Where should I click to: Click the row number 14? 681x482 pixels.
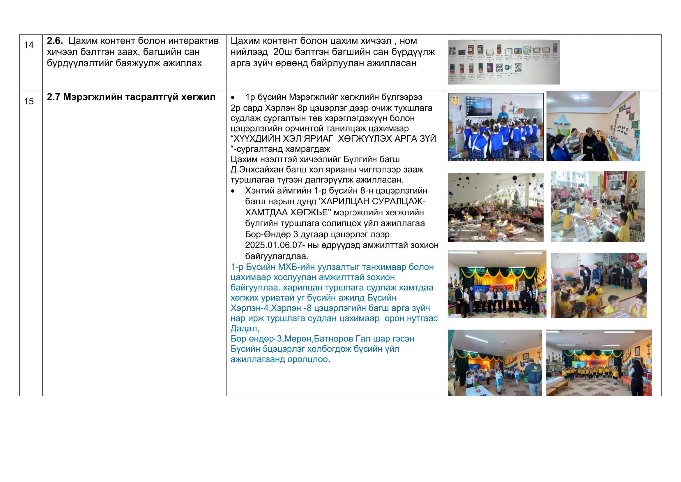pyautogui.click(x=29, y=45)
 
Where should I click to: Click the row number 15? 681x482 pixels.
pyautogui.click(x=29, y=101)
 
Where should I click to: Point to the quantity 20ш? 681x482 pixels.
pyautogui.click(x=282, y=52)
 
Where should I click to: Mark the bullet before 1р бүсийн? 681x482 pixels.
pyautogui.click(x=233, y=98)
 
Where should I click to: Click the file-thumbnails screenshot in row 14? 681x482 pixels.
pyautogui.click(x=504, y=62)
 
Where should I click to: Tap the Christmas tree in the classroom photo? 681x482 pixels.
pyautogui.click(x=517, y=199)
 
